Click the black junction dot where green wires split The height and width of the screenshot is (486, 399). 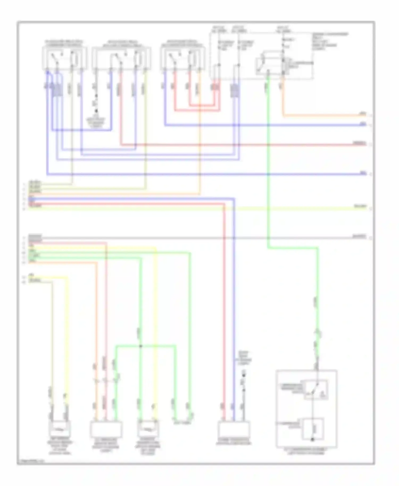coord(141,346)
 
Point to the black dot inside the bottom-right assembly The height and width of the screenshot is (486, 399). coord(313,439)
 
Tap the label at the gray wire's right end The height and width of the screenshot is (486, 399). coord(359,236)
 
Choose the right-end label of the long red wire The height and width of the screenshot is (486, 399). coord(359,143)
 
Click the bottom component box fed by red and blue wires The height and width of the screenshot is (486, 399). coord(234,429)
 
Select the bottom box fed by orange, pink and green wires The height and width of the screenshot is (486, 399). coord(106,429)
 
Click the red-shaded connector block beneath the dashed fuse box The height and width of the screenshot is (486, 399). coord(215,87)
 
